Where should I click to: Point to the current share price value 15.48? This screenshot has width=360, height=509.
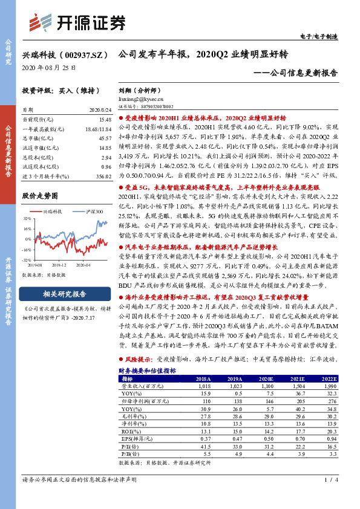(x=105, y=120)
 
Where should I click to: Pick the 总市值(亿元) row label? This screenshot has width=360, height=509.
(x=38, y=138)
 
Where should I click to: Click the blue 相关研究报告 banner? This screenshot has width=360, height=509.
(x=65, y=294)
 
